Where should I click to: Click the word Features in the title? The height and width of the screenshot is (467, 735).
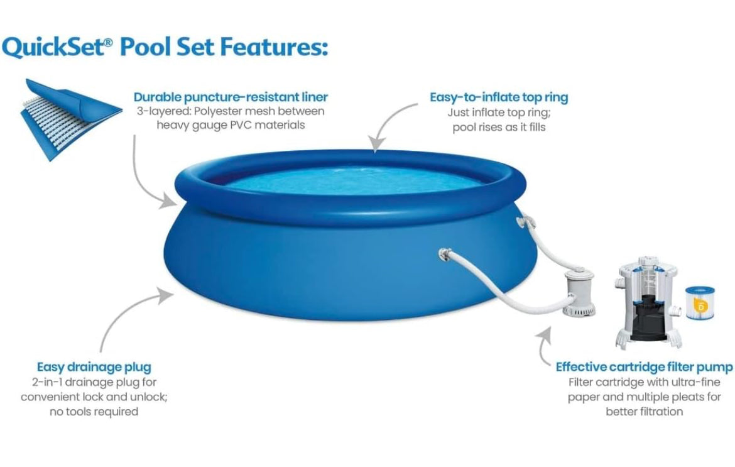[x=274, y=47]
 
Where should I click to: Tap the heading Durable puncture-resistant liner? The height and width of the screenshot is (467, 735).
[x=231, y=97]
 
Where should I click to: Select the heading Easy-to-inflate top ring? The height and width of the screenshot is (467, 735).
[x=499, y=97]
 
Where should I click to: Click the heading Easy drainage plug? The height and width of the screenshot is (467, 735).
[x=94, y=366]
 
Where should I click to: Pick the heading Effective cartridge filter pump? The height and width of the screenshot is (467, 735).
[x=644, y=366]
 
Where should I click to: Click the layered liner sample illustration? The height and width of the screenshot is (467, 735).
[x=71, y=119]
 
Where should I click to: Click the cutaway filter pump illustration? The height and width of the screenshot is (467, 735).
[x=648, y=303]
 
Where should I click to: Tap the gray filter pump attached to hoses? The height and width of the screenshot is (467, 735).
[x=579, y=293]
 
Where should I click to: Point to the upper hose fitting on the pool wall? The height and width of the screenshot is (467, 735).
[x=525, y=222]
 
